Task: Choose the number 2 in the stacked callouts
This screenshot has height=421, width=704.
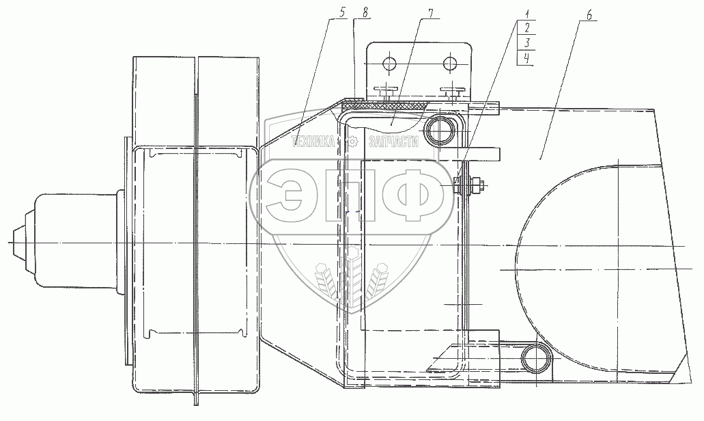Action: pos(526,28)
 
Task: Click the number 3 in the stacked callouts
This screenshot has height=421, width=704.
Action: pos(526,43)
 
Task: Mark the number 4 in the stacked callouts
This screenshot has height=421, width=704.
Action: pos(526,58)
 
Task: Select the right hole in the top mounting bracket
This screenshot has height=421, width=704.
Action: pos(449,64)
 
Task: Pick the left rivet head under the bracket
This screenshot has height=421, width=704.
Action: pos(386,89)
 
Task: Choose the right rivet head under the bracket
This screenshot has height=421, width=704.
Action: pos(453,89)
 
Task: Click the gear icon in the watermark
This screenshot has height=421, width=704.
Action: pos(353,142)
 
